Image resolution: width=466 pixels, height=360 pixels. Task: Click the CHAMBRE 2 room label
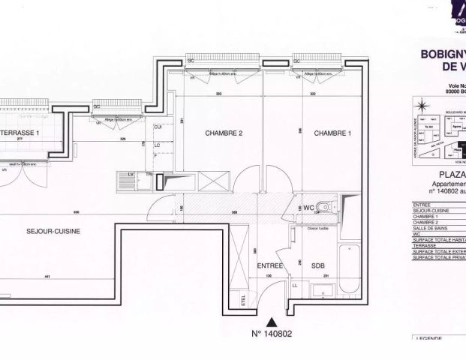point(224,133)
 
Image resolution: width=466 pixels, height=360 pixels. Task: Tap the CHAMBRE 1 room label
point(332,133)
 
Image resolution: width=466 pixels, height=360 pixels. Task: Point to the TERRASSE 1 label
point(18,133)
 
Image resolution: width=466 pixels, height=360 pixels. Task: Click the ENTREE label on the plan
point(269,266)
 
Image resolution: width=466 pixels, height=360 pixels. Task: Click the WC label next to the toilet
point(308,207)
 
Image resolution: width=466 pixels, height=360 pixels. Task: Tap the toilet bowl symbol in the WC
point(324,208)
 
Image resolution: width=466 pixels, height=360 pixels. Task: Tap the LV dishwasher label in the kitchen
point(131,175)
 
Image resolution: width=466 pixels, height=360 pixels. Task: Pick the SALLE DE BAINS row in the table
point(436,227)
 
